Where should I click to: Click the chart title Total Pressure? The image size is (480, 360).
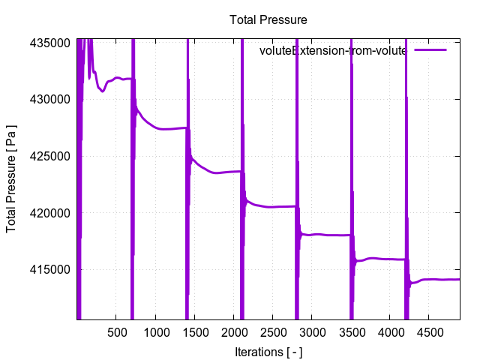(268, 20)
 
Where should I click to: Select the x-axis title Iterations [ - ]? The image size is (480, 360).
(268, 352)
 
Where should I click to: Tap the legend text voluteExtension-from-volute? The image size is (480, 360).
(332, 51)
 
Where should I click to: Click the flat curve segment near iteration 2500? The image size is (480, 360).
(272, 206)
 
